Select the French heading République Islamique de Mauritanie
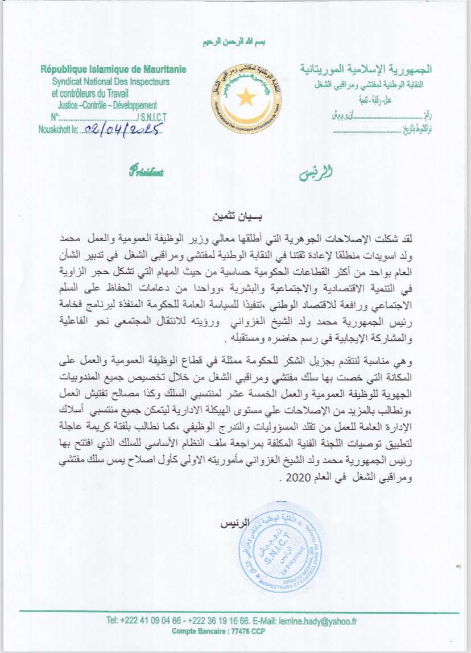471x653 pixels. coord(113,70)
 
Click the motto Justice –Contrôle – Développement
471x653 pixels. coord(107,105)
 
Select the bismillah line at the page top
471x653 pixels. coord(235,43)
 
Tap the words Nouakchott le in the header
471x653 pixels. coord(59,129)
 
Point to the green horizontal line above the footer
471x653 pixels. coord(235,612)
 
